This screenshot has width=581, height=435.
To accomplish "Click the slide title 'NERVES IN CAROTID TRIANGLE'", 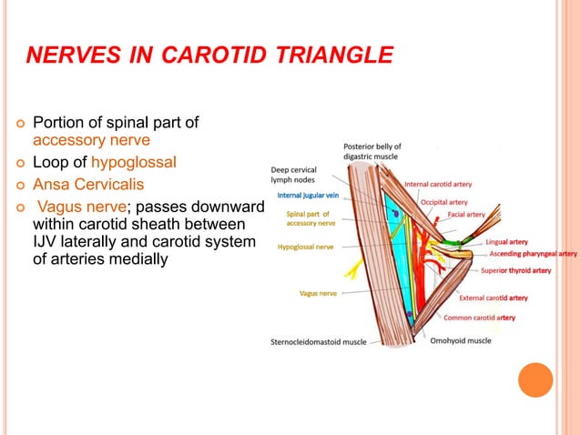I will (x=209, y=57).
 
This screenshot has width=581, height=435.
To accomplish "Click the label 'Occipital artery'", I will (x=443, y=202).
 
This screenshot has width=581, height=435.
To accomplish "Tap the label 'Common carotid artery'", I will (x=479, y=318).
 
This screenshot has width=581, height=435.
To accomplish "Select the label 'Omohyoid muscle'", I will (x=461, y=341).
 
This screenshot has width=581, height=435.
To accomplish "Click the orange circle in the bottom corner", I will (x=535, y=380).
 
